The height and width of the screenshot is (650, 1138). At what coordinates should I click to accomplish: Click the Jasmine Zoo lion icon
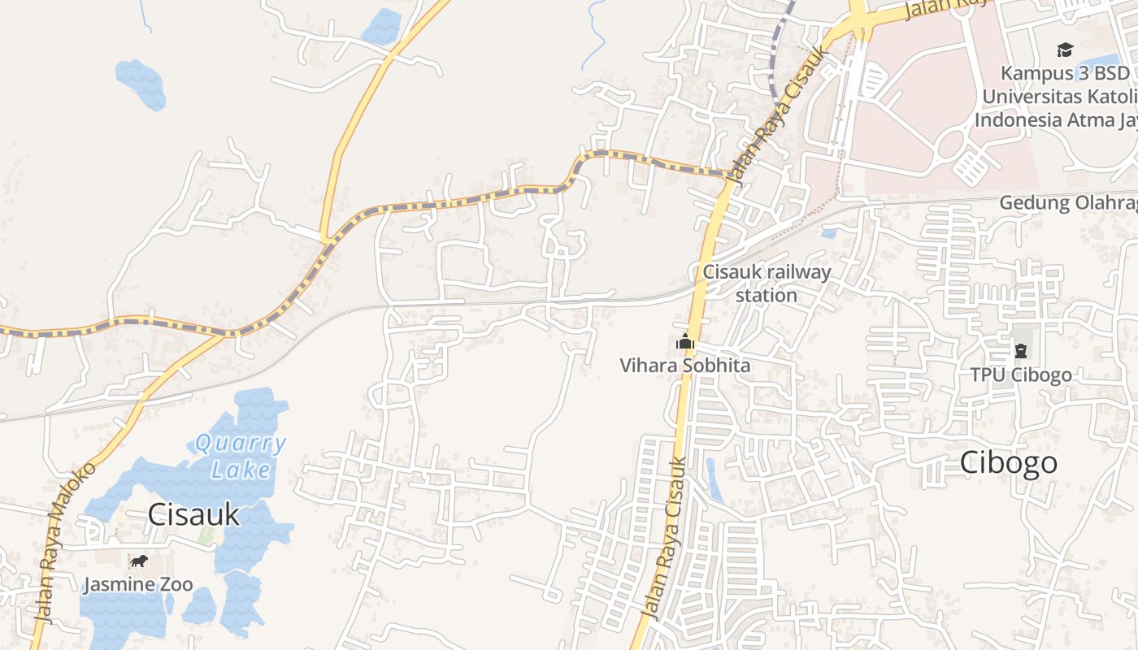[x=139, y=561]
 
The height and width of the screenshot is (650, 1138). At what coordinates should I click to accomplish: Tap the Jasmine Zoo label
[x=137, y=584]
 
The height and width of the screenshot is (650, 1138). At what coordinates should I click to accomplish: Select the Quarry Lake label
[x=241, y=457]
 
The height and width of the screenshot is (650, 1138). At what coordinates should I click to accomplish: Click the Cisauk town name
[x=194, y=513]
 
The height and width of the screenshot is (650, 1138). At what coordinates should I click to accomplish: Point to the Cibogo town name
[x=1009, y=462]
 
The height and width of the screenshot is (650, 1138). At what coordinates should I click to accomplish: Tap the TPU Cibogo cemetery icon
[x=1020, y=352]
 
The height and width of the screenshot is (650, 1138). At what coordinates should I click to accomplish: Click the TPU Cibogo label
[x=1021, y=375]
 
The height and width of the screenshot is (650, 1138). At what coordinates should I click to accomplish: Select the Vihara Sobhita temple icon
[x=685, y=342]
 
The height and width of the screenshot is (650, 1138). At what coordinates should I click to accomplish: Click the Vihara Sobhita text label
[x=685, y=366]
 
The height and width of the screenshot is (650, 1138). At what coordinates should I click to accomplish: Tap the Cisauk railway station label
[x=767, y=283]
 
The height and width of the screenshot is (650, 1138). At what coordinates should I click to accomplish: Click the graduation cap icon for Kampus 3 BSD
[x=1065, y=50]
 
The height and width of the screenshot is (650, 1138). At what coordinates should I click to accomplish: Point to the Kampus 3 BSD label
[x=1065, y=73]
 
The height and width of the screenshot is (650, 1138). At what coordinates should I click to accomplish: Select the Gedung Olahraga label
[x=1068, y=202]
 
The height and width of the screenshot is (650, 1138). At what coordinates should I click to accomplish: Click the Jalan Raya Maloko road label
[x=66, y=542]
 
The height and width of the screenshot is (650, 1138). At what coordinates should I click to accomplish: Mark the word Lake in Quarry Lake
[x=241, y=469]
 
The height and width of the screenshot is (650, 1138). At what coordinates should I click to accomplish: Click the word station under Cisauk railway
[x=767, y=295]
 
